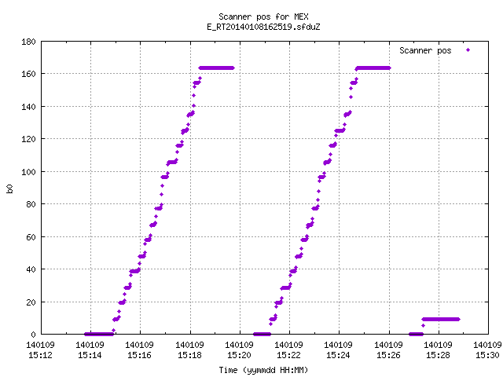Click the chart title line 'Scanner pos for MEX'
263,16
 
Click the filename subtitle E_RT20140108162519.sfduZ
263,27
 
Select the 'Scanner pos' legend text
425,50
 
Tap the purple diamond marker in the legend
468,50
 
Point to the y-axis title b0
9,188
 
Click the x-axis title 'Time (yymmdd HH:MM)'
263,370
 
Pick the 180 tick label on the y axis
28,42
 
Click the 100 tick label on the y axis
28,172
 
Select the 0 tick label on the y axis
33,335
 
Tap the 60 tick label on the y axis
31,237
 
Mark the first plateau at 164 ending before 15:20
217,68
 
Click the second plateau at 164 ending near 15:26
373,68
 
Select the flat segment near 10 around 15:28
441,320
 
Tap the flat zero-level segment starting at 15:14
99,335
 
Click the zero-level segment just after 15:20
262,335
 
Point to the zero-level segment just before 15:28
416,335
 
